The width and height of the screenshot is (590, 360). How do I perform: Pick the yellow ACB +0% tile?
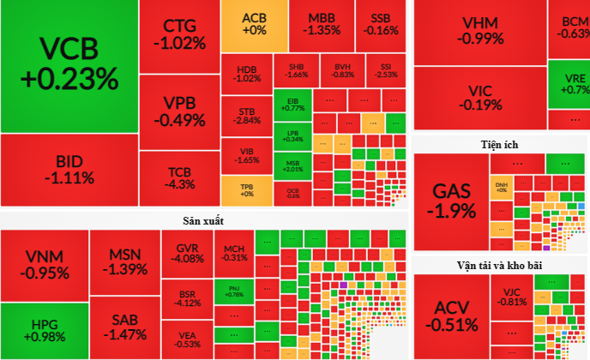pos(254,24)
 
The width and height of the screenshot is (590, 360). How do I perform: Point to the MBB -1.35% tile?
pos(322,24)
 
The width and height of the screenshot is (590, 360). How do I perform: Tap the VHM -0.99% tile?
pos(479,31)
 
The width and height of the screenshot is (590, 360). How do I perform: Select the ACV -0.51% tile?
pos(455,316)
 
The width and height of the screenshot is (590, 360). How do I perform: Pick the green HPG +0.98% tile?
pos(43,330)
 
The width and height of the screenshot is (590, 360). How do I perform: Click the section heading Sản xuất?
pos(203,221)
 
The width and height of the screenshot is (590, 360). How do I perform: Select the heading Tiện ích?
pos(499,144)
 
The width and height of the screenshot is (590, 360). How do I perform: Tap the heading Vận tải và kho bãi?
pos(499,265)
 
